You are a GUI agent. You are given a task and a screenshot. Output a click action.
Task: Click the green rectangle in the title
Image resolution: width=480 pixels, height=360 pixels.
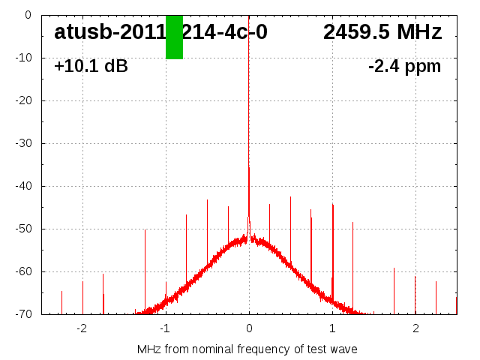click(x=174, y=37)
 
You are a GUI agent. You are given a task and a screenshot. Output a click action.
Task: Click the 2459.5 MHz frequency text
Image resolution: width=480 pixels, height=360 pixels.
click(x=382, y=32)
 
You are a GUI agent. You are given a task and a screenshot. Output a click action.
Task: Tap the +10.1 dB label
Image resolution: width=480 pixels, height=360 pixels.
click(x=91, y=66)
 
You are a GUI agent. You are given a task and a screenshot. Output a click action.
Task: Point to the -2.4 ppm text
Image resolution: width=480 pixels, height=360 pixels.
click(x=404, y=66)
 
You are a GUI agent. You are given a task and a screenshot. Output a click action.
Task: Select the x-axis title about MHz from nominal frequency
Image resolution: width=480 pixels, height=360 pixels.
click(x=247, y=349)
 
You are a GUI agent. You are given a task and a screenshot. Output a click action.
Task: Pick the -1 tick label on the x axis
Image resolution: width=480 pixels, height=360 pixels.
click(x=164, y=328)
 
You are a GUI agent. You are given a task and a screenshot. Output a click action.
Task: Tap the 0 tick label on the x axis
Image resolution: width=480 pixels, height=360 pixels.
click(x=249, y=328)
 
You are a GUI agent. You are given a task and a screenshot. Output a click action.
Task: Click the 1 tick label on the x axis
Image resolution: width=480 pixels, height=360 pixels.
click(x=332, y=328)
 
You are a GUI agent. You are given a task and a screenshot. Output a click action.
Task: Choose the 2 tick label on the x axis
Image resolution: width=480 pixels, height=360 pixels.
click(x=415, y=328)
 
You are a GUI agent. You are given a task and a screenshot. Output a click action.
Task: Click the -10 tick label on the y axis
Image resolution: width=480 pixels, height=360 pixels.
click(x=22, y=58)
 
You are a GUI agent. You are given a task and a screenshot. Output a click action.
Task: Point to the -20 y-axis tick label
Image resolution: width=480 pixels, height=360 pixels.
click(x=22, y=100)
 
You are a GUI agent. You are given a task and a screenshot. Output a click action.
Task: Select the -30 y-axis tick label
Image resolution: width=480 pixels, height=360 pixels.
click(x=22, y=143)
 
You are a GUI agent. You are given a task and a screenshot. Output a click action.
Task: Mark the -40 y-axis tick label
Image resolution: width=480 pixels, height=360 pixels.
click(x=22, y=186)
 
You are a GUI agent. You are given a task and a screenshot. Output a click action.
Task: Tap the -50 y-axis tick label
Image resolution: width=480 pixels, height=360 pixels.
click(x=22, y=229)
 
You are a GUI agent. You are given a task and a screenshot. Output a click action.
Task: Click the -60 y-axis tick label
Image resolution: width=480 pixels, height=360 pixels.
click(x=22, y=271)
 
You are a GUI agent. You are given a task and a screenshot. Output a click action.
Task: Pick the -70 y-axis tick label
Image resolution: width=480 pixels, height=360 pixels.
click(x=22, y=314)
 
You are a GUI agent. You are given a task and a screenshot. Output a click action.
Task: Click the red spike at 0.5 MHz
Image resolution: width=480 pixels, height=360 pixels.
click(x=291, y=225)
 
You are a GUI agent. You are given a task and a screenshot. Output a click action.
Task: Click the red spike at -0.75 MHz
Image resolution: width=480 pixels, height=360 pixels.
click(x=186, y=240)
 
